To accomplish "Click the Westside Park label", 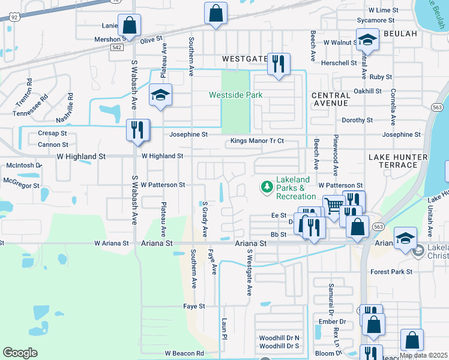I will point(235,95).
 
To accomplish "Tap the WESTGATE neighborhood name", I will point(244,59).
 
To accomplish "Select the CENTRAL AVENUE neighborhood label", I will point(331,100).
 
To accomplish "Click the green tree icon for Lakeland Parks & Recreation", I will point(267,187).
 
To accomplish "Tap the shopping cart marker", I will point(333,206).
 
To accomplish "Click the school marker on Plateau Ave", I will point(160,96).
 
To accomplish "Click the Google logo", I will point(20,353).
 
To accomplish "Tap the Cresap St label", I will point(53,133).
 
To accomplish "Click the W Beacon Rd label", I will point(184,353).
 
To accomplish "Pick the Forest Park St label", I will point(391,272).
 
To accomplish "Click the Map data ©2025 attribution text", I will point(423,355).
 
